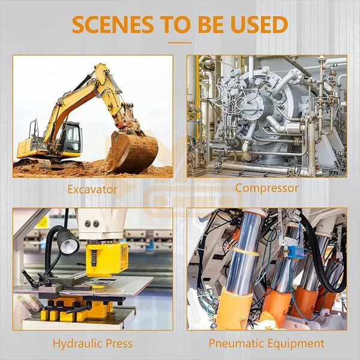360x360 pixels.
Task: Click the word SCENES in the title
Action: pos(113,24)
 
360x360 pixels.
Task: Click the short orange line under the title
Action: pos(180,43)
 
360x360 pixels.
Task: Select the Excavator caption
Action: pos(92,190)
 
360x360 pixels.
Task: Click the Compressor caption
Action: pos(267,188)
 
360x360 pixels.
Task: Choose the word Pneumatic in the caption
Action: pos(236,344)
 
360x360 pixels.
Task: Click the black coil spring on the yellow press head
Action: pos(94,257)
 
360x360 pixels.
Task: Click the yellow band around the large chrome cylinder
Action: pos(245,253)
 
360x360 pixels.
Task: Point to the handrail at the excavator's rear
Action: pos(34,128)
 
